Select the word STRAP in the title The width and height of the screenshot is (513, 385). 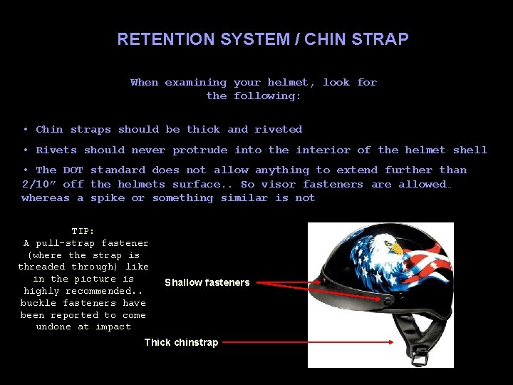point(385,39)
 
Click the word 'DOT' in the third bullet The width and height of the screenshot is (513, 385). point(73,170)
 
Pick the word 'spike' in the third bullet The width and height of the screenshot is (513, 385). point(108,197)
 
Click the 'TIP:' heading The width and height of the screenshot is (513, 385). point(84,231)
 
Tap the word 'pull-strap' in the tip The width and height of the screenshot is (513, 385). point(75,243)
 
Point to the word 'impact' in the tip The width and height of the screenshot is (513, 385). point(113,327)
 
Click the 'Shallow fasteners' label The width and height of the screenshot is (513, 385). point(207,282)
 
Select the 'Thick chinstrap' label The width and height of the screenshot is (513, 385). point(181,342)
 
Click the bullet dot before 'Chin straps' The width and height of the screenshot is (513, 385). point(25,129)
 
